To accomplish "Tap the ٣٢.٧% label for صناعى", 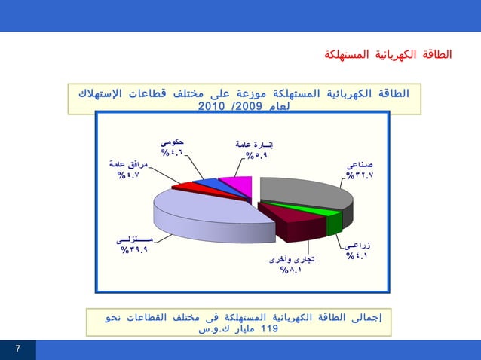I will tap(360, 175).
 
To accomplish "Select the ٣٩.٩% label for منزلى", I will tap(134, 250).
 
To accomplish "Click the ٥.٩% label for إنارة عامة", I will tap(256, 157).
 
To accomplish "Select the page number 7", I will tap(17, 349).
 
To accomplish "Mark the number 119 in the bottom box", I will tap(268, 329).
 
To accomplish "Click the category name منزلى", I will tap(135, 239).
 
